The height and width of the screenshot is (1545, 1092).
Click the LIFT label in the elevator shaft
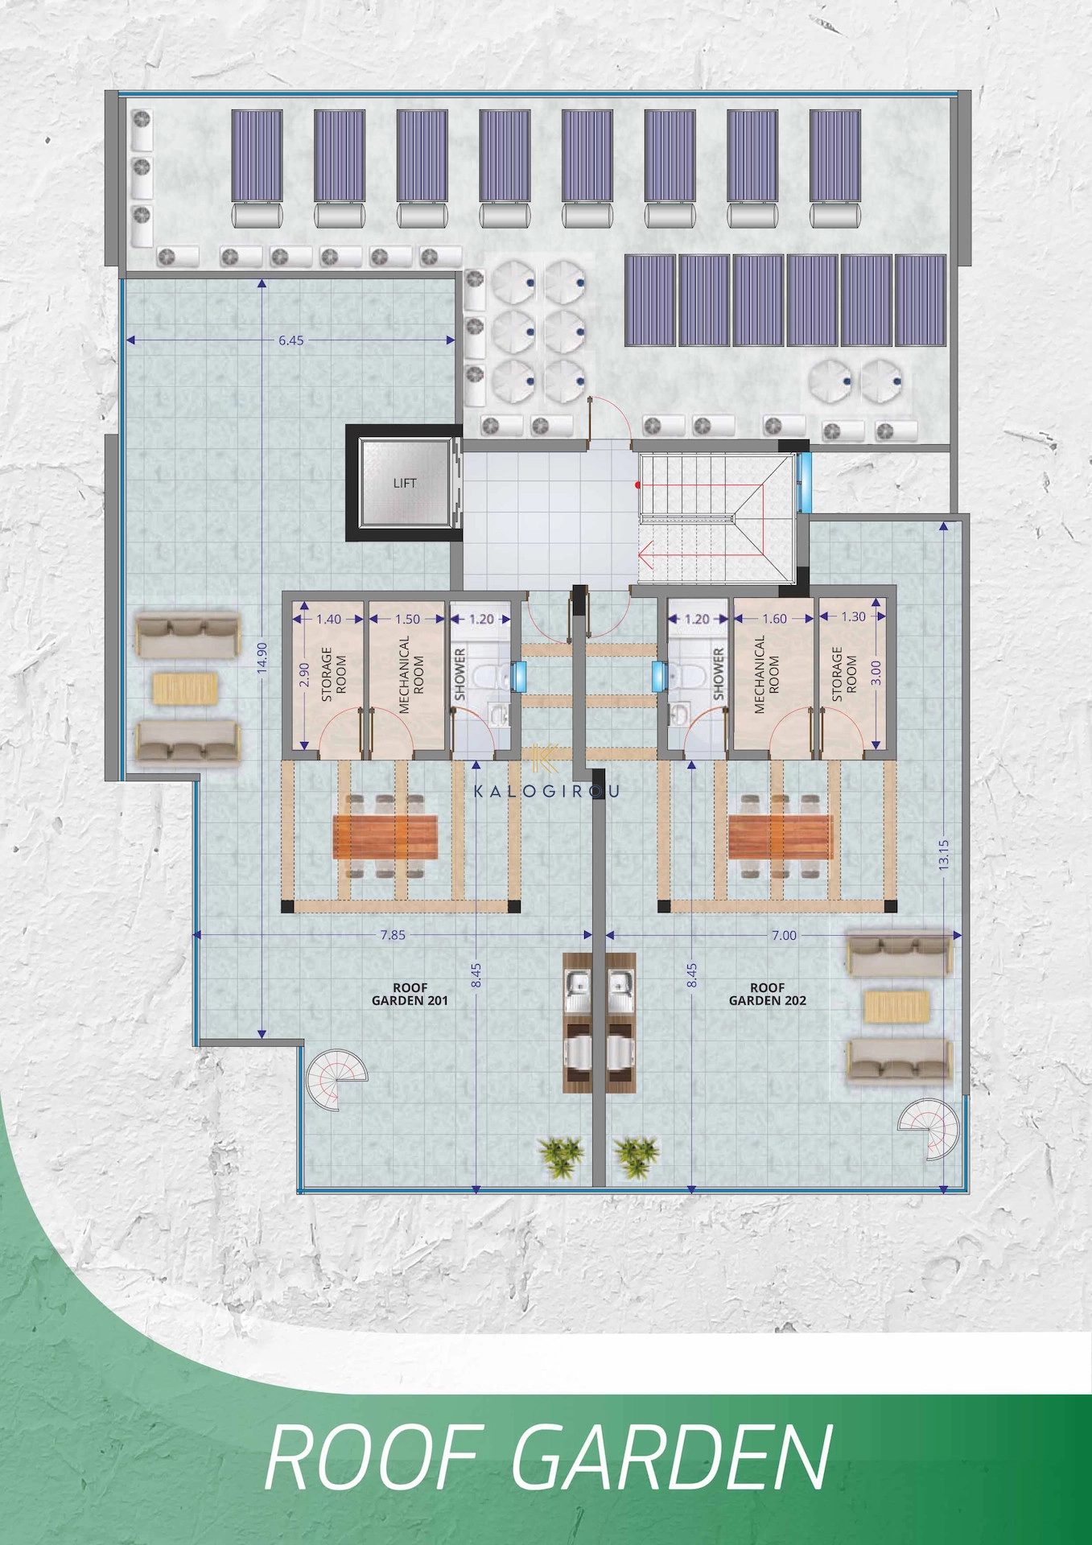coord(405,483)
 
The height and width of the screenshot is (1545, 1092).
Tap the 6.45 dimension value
coord(291,340)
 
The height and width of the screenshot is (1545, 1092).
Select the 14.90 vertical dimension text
coord(262,656)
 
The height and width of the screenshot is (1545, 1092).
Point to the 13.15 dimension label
coord(944,855)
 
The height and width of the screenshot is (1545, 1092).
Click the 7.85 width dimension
coord(393,935)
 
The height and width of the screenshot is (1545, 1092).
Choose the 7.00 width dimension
coord(784,935)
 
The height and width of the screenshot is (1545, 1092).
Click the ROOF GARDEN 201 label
coord(410,994)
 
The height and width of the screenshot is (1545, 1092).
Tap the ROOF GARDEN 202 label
coord(768,994)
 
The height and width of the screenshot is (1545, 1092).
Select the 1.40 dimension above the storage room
coord(328,620)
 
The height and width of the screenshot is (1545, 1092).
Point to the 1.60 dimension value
coord(774,619)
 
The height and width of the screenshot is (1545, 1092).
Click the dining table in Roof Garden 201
coord(385,837)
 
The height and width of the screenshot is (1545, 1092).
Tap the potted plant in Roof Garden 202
coord(637,1157)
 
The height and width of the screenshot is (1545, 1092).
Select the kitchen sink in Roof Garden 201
coord(577,983)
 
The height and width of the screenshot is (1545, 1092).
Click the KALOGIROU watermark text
coord(546,791)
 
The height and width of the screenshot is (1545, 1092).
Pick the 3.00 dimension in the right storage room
coord(876,672)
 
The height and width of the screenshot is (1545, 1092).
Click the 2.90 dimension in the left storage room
coord(303,674)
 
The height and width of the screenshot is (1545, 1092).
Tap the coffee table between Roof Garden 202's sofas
coord(896,1007)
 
